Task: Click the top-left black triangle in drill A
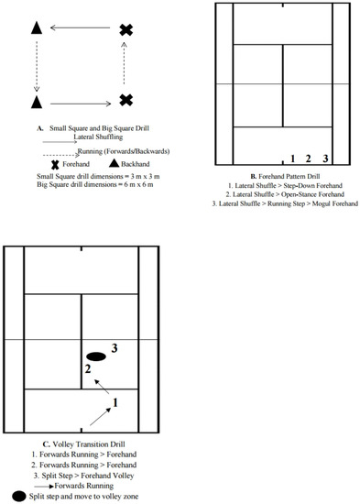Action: [x=37, y=27]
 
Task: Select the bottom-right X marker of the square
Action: [x=126, y=99]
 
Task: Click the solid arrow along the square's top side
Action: [x=82, y=29]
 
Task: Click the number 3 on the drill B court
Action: [x=325, y=159]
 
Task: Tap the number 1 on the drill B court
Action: [x=292, y=159]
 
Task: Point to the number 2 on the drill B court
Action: [x=309, y=159]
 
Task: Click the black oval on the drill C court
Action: [x=96, y=356]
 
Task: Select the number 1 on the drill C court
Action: [x=115, y=401]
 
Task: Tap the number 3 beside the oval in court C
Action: [x=115, y=347]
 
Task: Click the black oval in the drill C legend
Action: [x=19, y=496]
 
